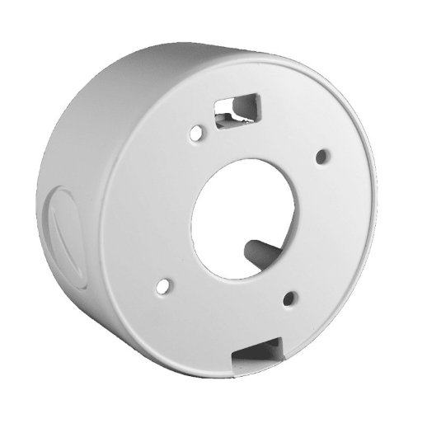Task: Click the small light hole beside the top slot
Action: (x=195, y=130)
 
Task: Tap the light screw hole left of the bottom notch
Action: (x=163, y=287)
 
